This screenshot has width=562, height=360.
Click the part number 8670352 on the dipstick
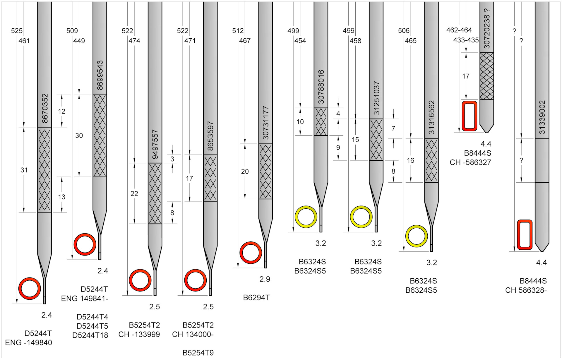click(x=45, y=108)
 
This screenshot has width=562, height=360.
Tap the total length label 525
click(x=17, y=31)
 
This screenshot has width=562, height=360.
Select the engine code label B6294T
click(x=256, y=298)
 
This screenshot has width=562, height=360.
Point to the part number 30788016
click(x=321, y=87)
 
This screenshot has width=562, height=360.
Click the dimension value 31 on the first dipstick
click(x=24, y=170)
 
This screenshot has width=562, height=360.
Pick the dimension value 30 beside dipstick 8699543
click(x=79, y=136)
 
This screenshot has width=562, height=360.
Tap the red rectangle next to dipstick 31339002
click(x=525, y=235)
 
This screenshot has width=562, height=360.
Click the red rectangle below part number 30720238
click(x=470, y=116)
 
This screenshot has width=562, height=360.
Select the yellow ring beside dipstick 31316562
click(x=417, y=236)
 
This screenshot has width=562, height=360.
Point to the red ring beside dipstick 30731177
click(x=251, y=253)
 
